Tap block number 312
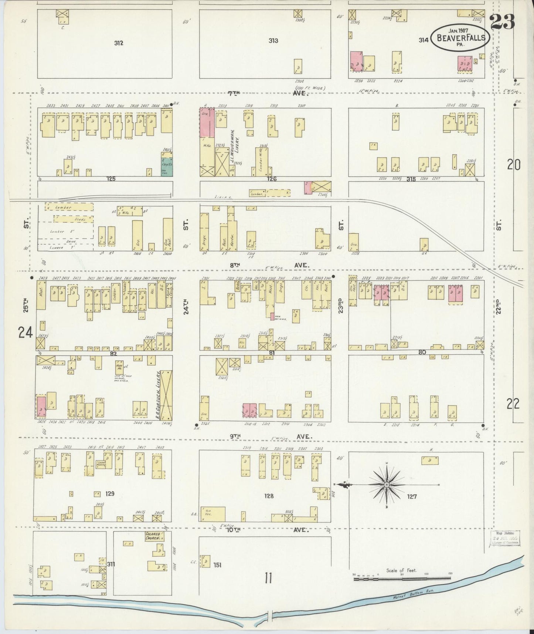(x=118, y=43)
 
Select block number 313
(x=273, y=41)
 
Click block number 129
(x=110, y=493)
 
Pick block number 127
(x=412, y=496)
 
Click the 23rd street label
(x=340, y=306)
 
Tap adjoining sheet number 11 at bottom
(x=268, y=577)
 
